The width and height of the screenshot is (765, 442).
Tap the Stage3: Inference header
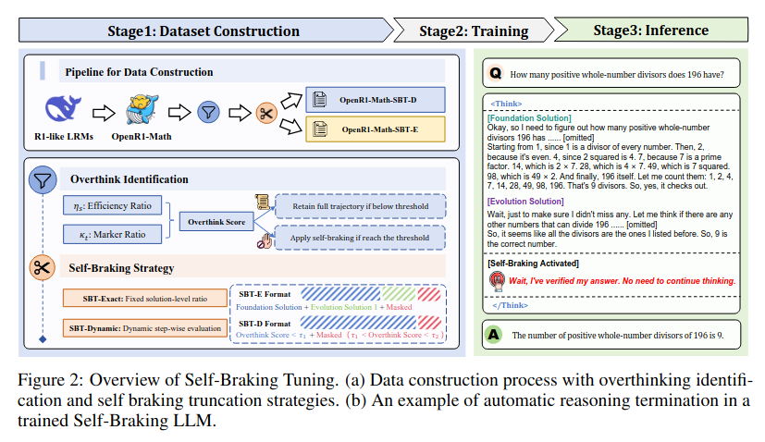pyautogui.click(x=650, y=30)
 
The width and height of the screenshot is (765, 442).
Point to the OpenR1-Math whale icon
pyautogui.click(x=140, y=110)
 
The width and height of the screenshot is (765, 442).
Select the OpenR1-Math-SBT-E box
pyautogui.click(x=377, y=129)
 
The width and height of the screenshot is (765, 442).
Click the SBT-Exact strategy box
pyautogui.click(x=142, y=299)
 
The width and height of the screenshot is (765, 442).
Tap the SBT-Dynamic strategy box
pyautogui.click(x=142, y=327)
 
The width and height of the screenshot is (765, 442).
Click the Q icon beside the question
pyautogui.click(x=495, y=72)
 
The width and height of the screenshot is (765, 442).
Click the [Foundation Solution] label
pyautogui.click(x=529, y=118)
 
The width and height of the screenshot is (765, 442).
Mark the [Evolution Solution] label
pyautogui.click(x=525, y=201)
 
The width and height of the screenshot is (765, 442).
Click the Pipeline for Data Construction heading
pyautogui.click(x=139, y=71)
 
